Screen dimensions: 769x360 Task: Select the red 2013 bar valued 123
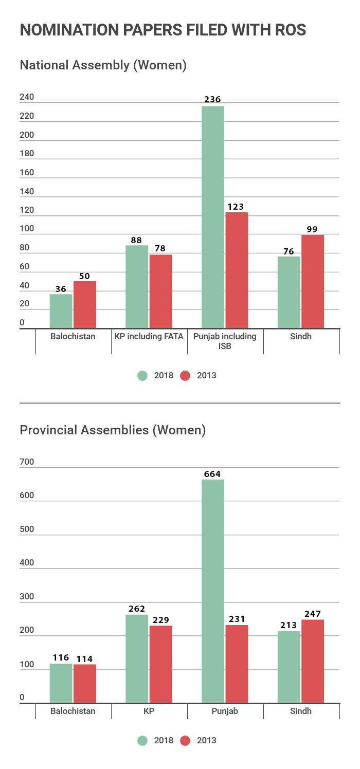pyautogui.click(x=237, y=270)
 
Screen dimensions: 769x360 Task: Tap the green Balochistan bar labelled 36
pyautogui.click(x=61, y=311)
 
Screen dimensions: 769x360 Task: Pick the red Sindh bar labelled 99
pyautogui.click(x=313, y=282)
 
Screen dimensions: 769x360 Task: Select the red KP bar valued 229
pyautogui.click(x=160, y=664)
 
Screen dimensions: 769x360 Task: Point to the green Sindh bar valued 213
pyautogui.click(x=289, y=667)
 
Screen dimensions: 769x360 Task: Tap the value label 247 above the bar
pyautogui.click(x=312, y=614)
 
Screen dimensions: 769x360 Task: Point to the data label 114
pyautogui.click(x=84, y=659)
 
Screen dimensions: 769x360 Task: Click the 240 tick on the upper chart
pyautogui.click(x=27, y=97)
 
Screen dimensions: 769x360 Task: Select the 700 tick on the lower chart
pyautogui.click(x=27, y=462)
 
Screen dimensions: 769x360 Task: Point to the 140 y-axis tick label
pyautogui.click(x=27, y=192)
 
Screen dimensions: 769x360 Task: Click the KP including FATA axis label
pyautogui.click(x=149, y=337)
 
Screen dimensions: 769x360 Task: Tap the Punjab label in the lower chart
pyautogui.click(x=225, y=711)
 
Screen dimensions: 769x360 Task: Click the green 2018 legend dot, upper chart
pyautogui.click(x=142, y=376)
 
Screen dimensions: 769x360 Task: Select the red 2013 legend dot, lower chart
pyautogui.click(x=185, y=741)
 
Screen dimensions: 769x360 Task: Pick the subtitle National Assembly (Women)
pyautogui.click(x=103, y=65)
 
